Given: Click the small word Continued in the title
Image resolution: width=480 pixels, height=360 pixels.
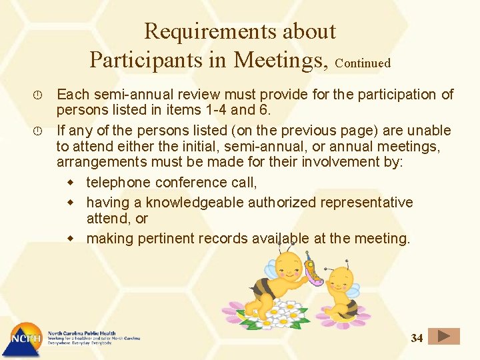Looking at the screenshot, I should tap(363, 63).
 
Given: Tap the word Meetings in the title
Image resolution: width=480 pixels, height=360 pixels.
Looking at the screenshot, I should tap(281, 59).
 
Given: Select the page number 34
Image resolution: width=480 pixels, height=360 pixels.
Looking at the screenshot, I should tap(417, 338).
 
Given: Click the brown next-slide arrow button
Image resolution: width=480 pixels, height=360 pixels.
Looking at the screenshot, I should tap(443, 337).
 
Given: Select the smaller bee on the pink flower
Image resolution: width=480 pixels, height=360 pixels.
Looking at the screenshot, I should tap(343, 293).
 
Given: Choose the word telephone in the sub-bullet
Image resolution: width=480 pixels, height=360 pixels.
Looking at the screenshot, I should tap(118, 183).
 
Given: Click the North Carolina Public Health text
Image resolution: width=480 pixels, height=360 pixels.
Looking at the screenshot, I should tap(81, 333).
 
